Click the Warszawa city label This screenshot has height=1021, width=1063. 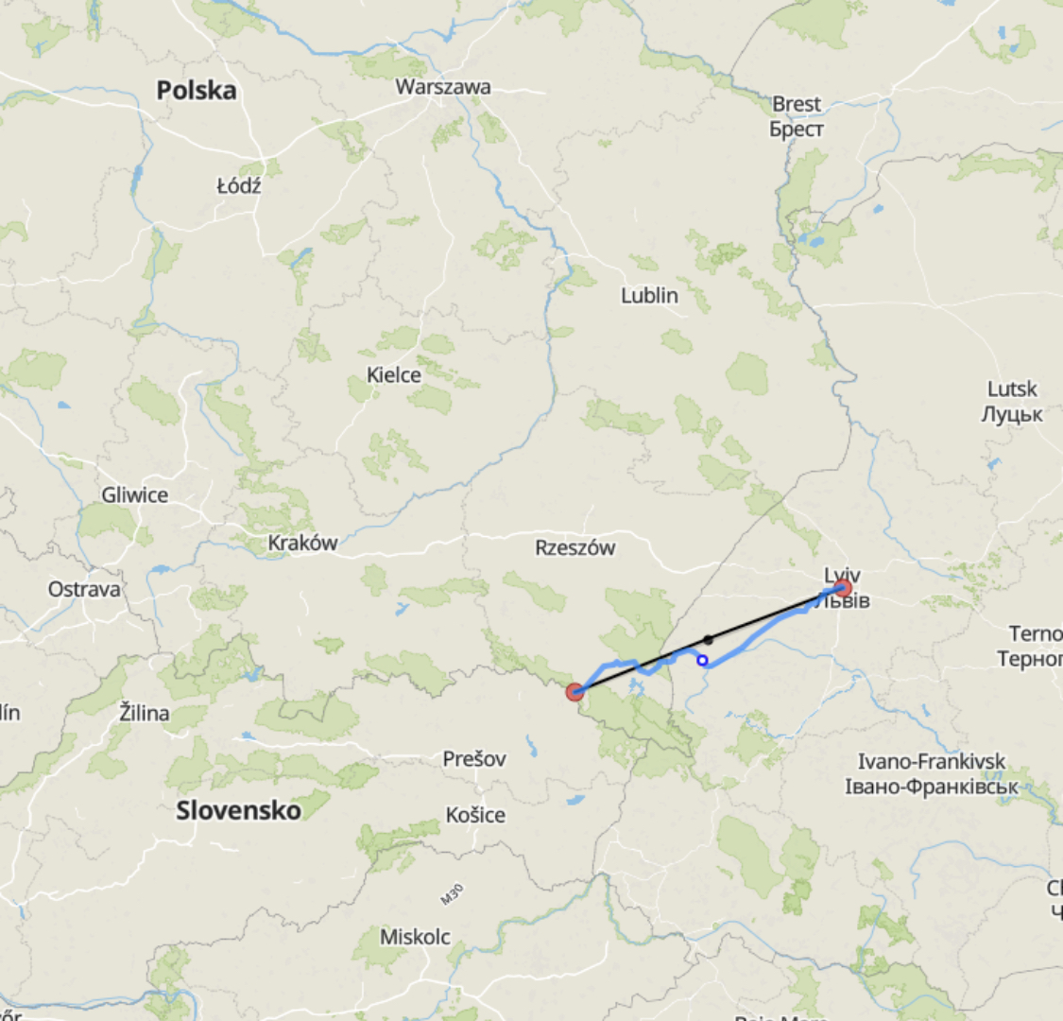pyautogui.click(x=443, y=87)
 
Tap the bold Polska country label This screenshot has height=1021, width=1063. pyautogui.click(x=197, y=91)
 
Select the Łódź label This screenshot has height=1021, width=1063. pyautogui.click(x=238, y=185)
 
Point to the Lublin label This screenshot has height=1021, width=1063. pyautogui.click(x=649, y=296)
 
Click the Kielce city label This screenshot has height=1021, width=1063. pyautogui.click(x=394, y=375)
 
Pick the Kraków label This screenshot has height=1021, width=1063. pyautogui.click(x=302, y=544)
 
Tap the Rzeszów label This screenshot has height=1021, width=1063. pyautogui.click(x=574, y=548)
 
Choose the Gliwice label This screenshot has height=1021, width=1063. pyautogui.click(x=135, y=495)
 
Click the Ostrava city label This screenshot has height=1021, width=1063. pyautogui.click(x=85, y=590)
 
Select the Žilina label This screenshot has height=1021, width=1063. pyautogui.click(x=145, y=713)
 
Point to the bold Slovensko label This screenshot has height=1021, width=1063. pyautogui.click(x=238, y=810)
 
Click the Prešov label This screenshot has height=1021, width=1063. pyautogui.click(x=474, y=759)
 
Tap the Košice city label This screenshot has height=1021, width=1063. pyautogui.click(x=475, y=815)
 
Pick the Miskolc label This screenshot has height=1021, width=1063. pyautogui.click(x=415, y=937)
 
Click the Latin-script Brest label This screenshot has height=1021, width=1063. pyautogui.click(x=797, y=104)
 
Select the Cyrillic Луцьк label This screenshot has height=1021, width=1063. pyautogui.click(x=1012, y=414)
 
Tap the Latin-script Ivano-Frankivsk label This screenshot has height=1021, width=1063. pyautogui.click(x=932, y=761)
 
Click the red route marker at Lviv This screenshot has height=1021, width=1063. pyautogui.click(x=843, y=590)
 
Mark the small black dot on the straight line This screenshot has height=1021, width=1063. pyautogui.click(x=709, y=640)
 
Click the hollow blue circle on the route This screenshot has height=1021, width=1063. pyautogui.click(x=703, y=660)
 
